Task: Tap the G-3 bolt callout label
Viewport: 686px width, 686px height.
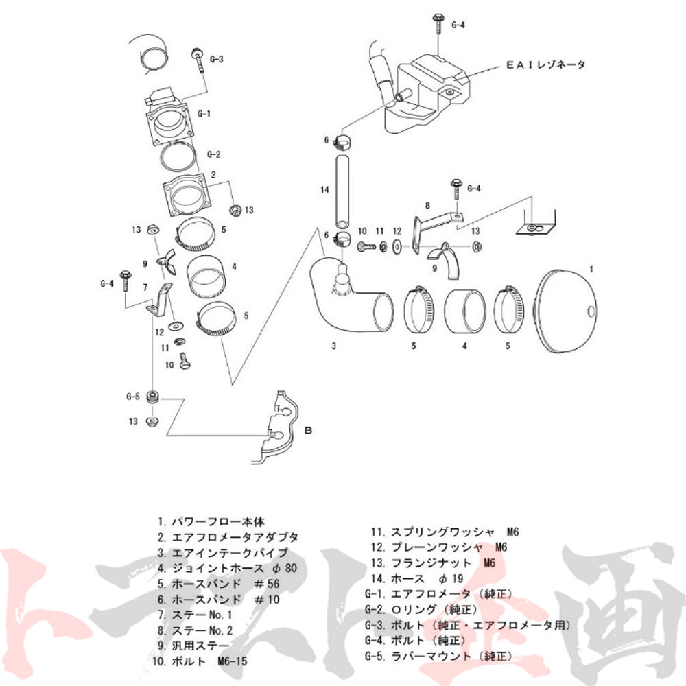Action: point(215,60)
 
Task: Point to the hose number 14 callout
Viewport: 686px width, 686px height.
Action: point(325,187)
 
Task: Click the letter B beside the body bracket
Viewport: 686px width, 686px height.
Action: point(308,431)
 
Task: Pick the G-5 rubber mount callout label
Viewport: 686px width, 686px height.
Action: point(133,397)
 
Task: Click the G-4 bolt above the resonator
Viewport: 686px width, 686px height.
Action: point(437,24)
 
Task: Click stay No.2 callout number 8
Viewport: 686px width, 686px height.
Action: point(427,205)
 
